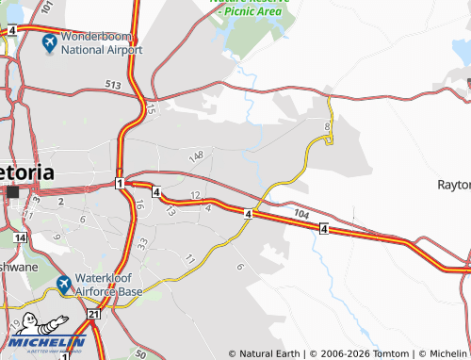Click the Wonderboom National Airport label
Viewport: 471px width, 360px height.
[x=101, y=44]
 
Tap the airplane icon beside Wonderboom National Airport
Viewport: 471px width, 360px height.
[x=49, y=43]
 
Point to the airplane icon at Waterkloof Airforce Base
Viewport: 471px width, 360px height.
[x=63, y=284]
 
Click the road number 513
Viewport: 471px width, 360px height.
[x=113, y=85]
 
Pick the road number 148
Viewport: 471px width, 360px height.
[x=196, y=155]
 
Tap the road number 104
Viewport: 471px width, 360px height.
[x=300, y=215]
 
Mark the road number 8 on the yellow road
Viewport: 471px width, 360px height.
[x=327, y=126]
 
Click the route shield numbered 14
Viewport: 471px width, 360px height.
[x=21, y=237]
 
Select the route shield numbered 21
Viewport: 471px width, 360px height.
[x=92, y=313]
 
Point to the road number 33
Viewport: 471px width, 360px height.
[x=141, y=242]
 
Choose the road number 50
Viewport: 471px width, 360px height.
[x=140, y=354]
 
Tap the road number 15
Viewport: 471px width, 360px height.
[x=150, y=110]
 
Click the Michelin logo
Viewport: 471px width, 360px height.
[x=49, y=335]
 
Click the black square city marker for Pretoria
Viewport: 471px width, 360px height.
[x=13, y=192]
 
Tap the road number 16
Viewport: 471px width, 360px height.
[x=139, y=204]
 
